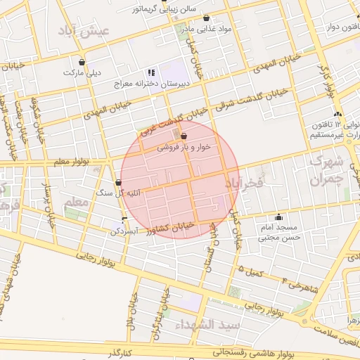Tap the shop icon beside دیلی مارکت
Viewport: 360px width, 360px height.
pyautogui.click(x=82, y=62)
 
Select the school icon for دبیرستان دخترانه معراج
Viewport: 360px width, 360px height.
pyautogui.click(x=150, y=72)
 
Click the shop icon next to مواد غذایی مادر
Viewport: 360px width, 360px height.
pyautogui.click(x=206, y=18)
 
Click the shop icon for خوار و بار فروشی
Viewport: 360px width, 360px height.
pyautogui.click(x=184, y=136)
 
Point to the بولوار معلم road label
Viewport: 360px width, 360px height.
pyautogui.click(x=73, y=162)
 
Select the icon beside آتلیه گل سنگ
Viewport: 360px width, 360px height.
pyautogui.click(x=117, y=183)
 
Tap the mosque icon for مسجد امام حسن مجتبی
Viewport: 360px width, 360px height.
pyautogui.click(x=280, y=217)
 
